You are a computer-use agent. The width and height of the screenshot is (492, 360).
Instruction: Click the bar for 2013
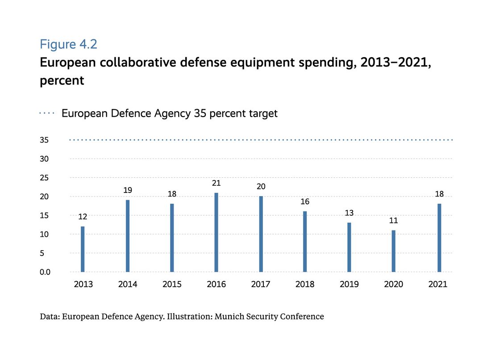pyautogui.click(x=83, y=249)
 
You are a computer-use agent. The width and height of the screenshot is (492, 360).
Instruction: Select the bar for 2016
pyautogui.click(x=216, y=232)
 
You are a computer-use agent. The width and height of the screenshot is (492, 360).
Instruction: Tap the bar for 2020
pyautogui.click(x=393, y=251)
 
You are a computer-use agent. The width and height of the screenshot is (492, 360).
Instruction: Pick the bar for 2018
pyautogui.click(x=305, y=242)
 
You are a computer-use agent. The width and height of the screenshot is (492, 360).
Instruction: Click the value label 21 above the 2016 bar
pyautogui.click(x=216, y=183)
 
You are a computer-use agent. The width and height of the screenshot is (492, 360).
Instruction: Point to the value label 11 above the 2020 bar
pyautogui.click(x=393, y=221)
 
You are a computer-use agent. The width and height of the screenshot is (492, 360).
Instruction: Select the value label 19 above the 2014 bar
pyautogui.click(x=128, y=190)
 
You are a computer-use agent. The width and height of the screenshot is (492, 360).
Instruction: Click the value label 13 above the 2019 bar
pyautogui.click(x=349, y=213)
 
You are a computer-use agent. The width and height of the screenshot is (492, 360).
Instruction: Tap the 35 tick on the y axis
pyautogui.click(x=45, y=140)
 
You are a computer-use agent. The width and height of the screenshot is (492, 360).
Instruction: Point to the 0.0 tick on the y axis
pyautogui.click(x=46, y=272)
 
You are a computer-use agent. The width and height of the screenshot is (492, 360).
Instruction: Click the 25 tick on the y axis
pyautogui.click(x=45, y=178)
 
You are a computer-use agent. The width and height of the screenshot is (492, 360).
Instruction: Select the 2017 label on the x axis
pyautogui.click(x=261, y=285)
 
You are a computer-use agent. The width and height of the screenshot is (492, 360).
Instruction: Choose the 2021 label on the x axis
pyautogui.click(x=438, y=285)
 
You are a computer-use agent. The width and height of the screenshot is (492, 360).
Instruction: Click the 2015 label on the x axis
pyautogui.click(x=172, y=285)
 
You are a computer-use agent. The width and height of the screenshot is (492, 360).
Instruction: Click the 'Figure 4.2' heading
pyautogui.click(x=68, y=44)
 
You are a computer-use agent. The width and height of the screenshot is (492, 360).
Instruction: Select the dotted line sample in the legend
pyautogui.click(x=47, y=113)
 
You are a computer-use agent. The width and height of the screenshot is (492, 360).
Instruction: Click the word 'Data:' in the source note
pyautogui.click(x=50, y=317)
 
